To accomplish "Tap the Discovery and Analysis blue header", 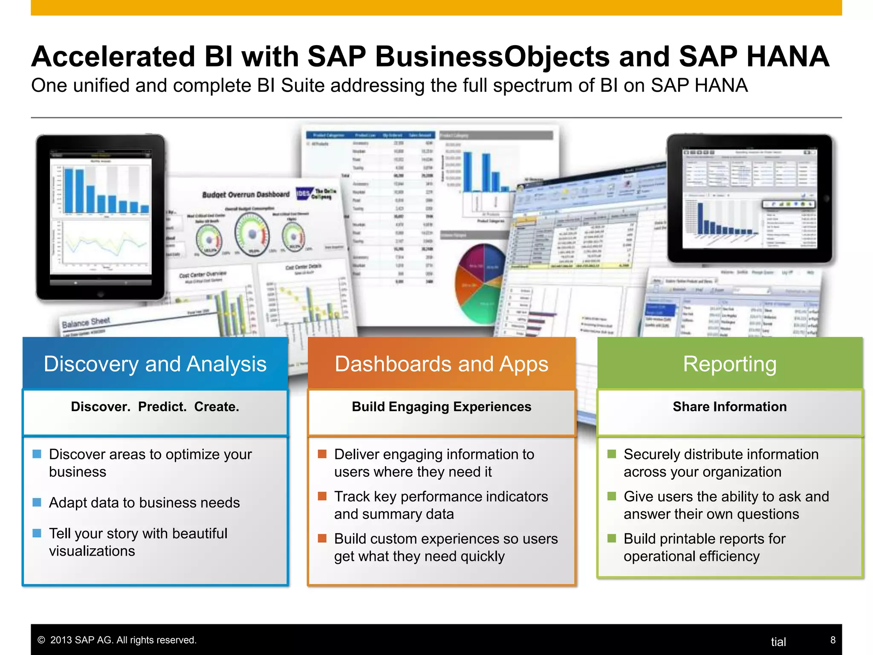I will (155, 364).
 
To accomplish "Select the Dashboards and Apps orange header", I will (441, 364).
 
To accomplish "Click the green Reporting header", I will (729, 364).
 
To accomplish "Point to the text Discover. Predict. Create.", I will (155, 407).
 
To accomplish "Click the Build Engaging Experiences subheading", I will (441, 407).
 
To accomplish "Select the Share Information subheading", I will (729, 407).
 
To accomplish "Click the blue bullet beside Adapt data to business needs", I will (37, 502).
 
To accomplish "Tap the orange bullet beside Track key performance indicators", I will (322, 496).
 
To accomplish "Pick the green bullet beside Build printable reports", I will (612, 538).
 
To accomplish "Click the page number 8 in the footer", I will (833, 640).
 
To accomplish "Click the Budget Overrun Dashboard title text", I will (246, 194).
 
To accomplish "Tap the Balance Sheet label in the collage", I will (86, 322).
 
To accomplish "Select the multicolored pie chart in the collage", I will (480, 284).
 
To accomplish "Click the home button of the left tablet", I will (100, 294).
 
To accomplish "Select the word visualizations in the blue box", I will (92, 551).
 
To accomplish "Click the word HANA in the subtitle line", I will (721, 85).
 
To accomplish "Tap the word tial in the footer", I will (778, 642).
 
